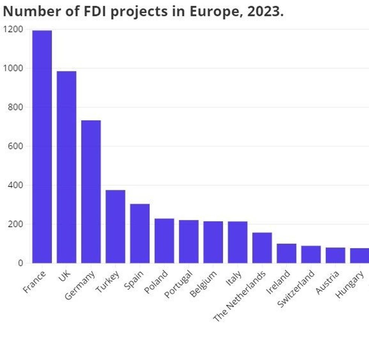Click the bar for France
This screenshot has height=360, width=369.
click(x=42, y=147)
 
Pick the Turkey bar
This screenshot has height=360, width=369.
click(x=115, y=227)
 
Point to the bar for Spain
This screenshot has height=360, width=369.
click(x=140, y=233)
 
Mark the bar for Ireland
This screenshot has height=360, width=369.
click(x=287, y=253)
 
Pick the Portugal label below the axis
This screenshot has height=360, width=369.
click(x=179, y=285)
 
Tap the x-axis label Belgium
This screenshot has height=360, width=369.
click(x=204, y=284)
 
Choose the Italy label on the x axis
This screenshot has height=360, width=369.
click(x=234, y=280)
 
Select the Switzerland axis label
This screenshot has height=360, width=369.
click(x=296, y=289)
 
